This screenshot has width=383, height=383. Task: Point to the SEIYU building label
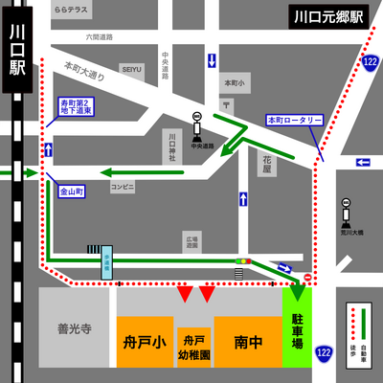coord(131,69)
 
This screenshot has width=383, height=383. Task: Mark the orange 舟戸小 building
coord(145,341)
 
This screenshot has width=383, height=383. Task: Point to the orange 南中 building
coord(247,341)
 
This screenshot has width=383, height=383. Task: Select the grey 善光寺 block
coord(78,329)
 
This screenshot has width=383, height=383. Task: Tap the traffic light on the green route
coord(244,260)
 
